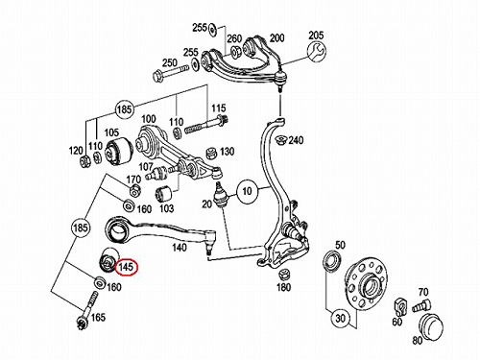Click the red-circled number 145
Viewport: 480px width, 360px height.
point(126,267)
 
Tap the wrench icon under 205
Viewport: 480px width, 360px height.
point(316,51)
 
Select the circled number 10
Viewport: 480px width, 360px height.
point(247,191)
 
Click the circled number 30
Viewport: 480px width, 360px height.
point(341,319)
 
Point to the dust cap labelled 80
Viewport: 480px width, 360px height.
point(431,327)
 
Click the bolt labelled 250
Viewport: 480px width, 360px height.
point(166,73)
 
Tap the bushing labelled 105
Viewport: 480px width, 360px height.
point(119,151)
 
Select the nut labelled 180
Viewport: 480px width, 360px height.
point(284,276)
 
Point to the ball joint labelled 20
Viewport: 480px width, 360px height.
point(221,194)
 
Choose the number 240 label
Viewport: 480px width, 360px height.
point(296,140)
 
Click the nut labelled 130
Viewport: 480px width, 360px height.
point(211,153)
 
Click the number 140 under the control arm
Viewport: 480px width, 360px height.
point(180,248)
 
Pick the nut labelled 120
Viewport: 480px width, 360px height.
point(85,159)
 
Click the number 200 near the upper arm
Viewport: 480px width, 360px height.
point(277,37)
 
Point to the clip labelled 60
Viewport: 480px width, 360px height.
point(400,305)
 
